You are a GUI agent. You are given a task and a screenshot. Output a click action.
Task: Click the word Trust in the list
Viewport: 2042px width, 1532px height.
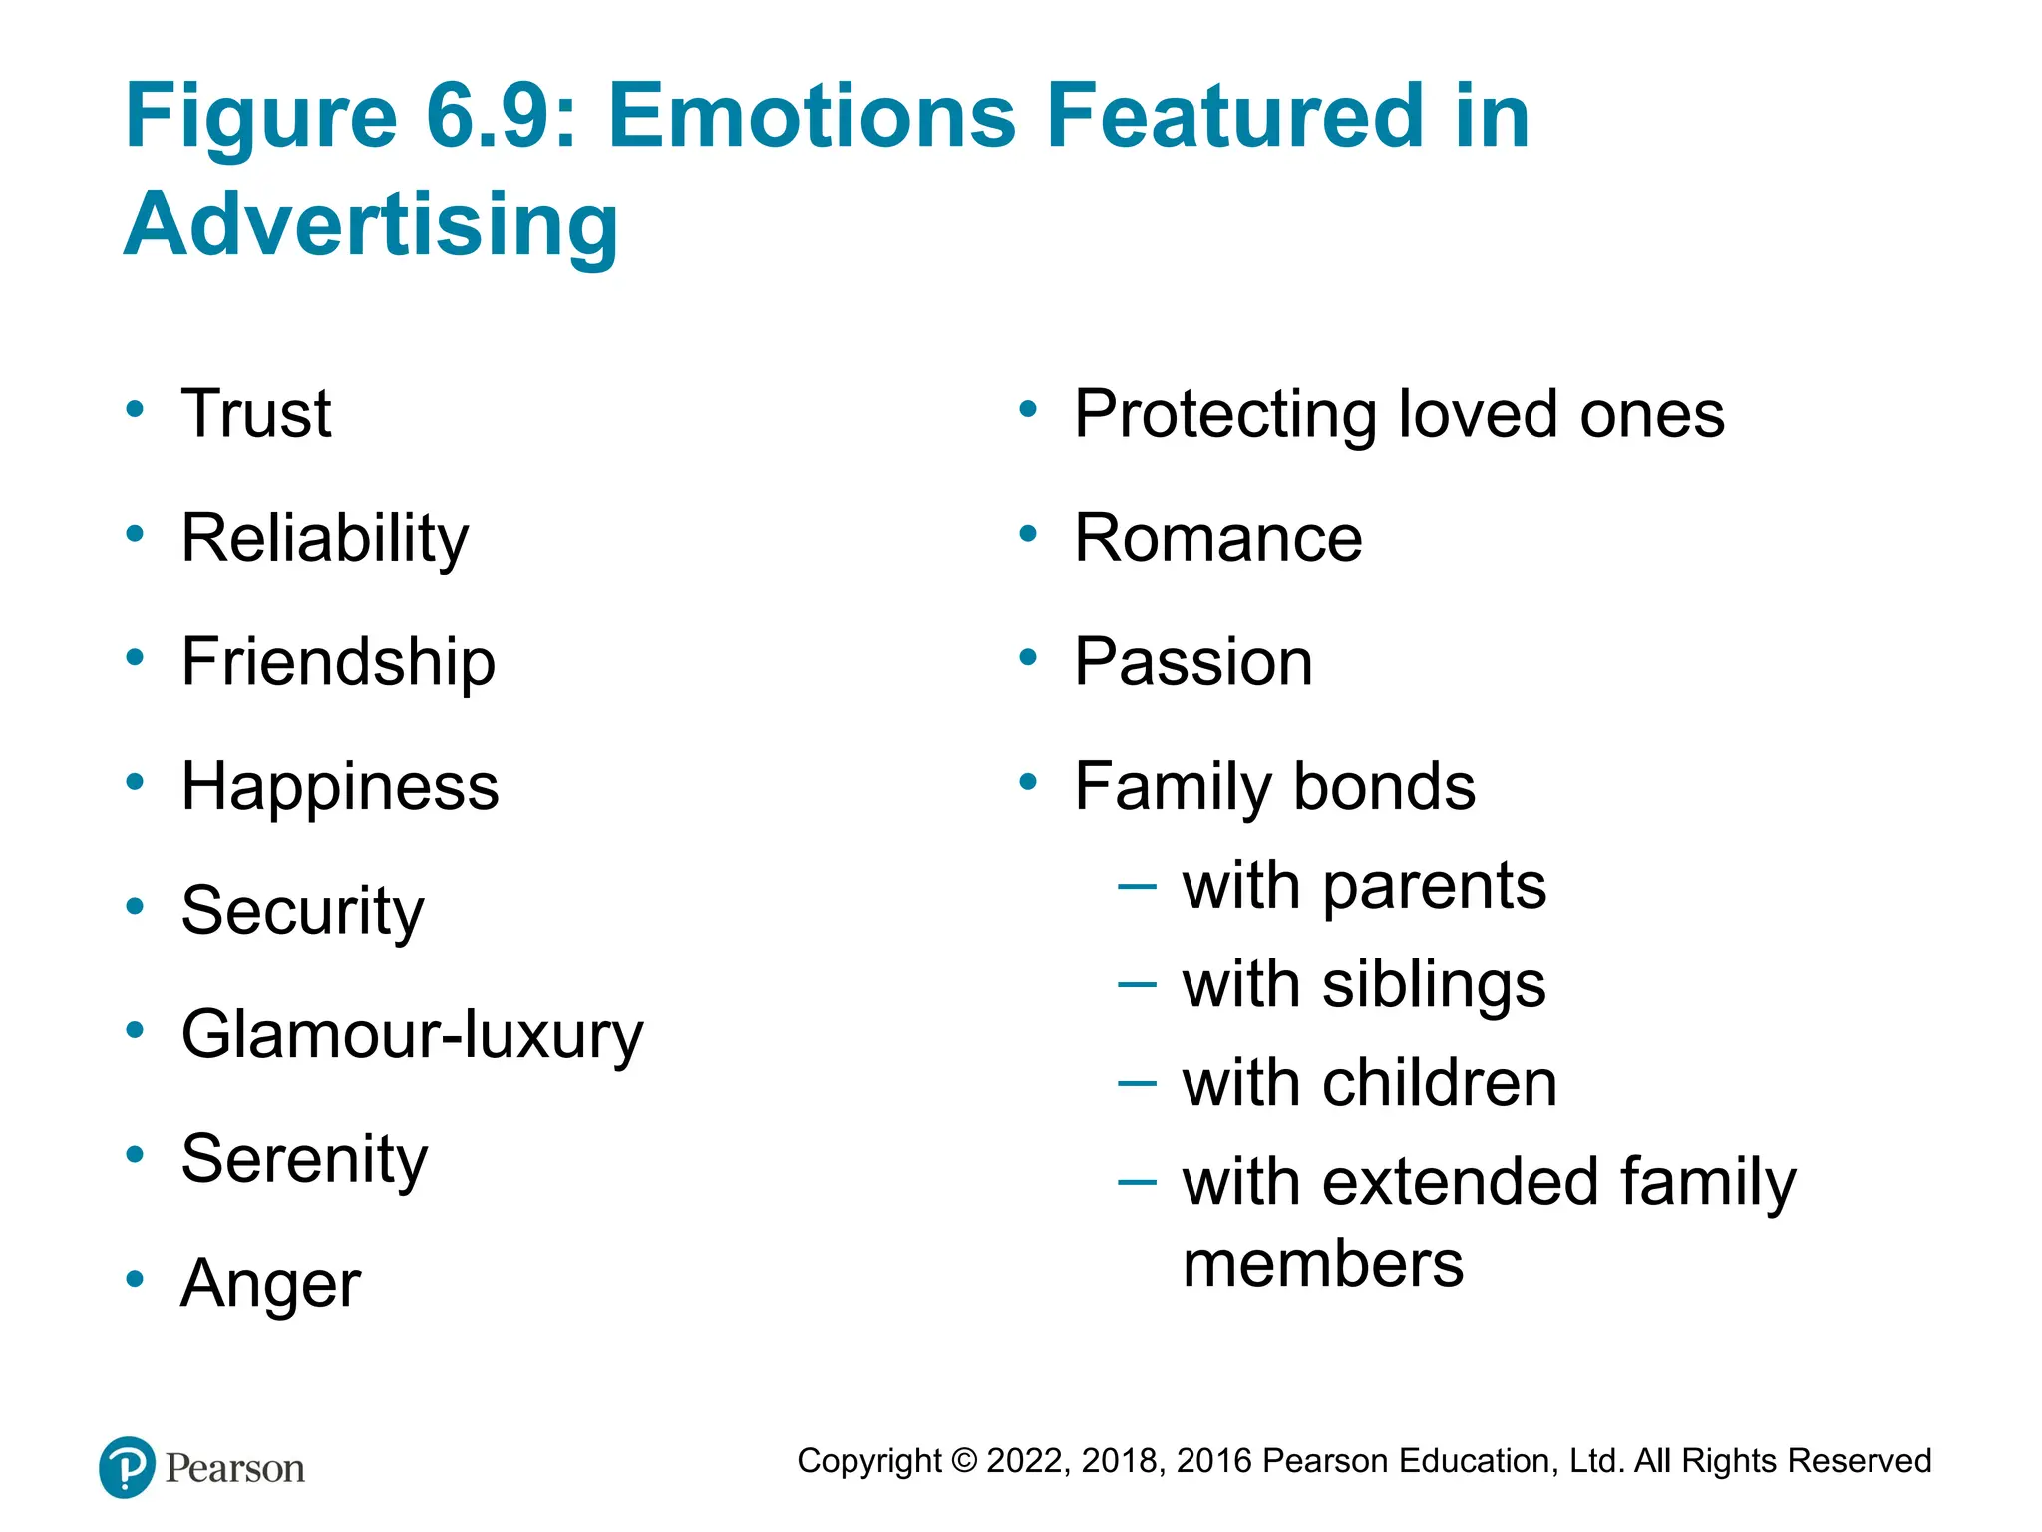256,413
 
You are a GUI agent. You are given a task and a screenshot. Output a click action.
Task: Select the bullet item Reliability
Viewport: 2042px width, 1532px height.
324,539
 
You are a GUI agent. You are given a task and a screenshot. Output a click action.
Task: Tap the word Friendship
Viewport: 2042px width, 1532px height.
338,662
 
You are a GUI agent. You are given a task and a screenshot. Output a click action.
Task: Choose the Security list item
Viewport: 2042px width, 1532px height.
302,911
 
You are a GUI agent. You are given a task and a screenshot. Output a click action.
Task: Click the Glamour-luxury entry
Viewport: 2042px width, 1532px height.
412,1035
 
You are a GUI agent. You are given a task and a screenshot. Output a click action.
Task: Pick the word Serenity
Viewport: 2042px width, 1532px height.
304,1159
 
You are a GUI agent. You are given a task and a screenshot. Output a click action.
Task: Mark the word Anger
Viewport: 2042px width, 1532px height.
270,1284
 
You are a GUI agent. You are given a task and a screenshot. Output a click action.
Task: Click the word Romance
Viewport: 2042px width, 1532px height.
1217,539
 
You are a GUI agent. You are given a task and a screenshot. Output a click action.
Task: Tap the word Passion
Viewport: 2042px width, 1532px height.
1192,662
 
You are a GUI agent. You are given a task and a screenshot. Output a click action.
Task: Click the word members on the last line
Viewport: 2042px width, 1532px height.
1322,1264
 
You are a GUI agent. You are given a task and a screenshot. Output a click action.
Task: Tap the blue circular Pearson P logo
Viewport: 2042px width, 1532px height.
128,1467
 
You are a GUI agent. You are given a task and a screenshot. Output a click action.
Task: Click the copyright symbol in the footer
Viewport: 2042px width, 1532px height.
964,1461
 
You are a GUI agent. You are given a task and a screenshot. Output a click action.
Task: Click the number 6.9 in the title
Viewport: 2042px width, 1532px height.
488,116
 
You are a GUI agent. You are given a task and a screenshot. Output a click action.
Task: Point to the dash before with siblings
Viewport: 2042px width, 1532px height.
1137,985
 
